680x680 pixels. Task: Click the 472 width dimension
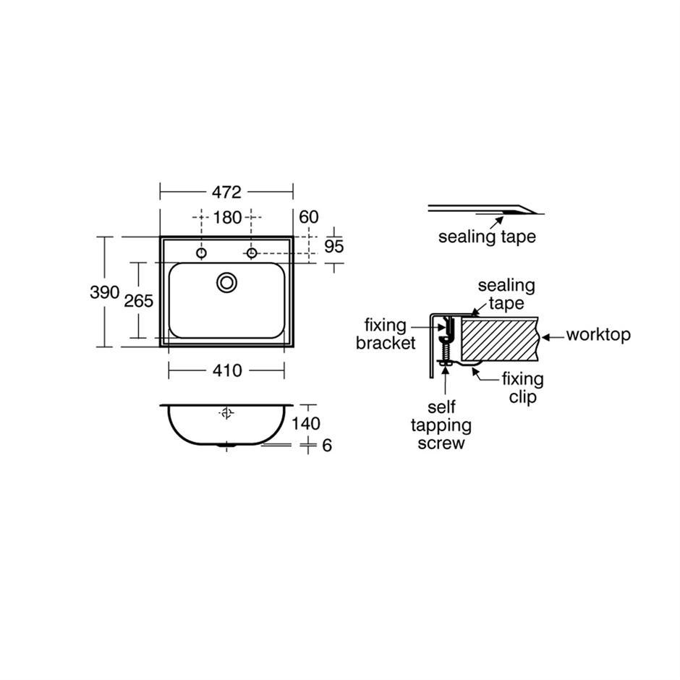pyautogui.click(x=226, y=192)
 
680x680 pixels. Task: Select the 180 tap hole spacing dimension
pyautogui.click(x=227, y=217)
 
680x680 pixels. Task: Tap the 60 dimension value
pyautogui.click(x=309, y=217)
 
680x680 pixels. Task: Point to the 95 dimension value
pyautogui.click(x=334, y=247)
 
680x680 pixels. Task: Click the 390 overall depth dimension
pyautogui.click(x=104, y=292)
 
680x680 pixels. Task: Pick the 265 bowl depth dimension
pyautogui.click(x=139, y=300)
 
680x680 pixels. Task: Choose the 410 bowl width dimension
pyautogui.click(x=227, y=370)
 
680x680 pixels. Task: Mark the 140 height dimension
pyautogui.click(x=306, y=423)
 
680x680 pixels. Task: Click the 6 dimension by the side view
pyautogui.click(x=327, y=446)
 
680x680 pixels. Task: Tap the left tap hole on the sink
pyautogui.click(x=201, y=253)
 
